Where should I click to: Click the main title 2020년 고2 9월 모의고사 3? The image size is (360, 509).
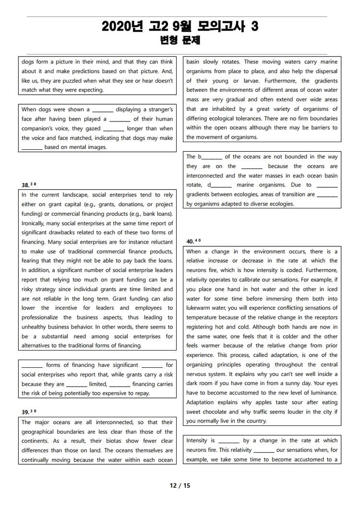[180, 27]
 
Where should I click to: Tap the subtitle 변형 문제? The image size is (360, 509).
[180, 41]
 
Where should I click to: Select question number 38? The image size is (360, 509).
[25, 185]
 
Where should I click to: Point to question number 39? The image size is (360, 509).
[25, 412]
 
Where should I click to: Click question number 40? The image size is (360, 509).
[191, 242]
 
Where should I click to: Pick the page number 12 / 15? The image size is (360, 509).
[180, 485]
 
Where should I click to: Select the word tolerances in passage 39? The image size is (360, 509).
[268, 118]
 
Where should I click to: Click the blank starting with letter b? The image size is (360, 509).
[210, 157]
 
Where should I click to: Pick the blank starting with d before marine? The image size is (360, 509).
[220, 185]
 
